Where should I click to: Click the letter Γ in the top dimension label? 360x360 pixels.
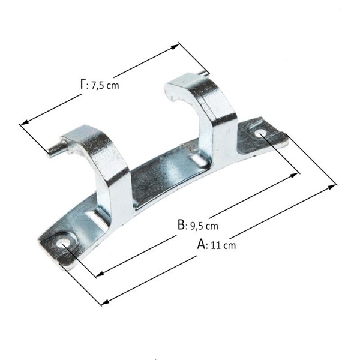pos(83,84)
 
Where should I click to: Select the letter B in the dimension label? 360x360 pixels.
pos(181,225)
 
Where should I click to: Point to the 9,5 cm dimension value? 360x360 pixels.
pos(205,226)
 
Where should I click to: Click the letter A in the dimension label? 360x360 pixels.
pos(202,244)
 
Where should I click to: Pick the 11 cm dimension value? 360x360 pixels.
pos(223,245)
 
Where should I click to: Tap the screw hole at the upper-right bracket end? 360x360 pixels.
pos(260,133)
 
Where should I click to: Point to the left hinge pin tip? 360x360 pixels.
pos(49,152)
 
